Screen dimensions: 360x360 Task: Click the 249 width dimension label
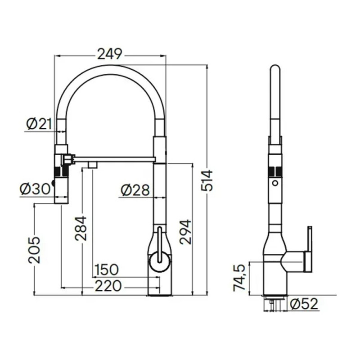[x=110, y=54]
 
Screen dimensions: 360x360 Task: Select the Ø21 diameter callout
[x=40, y=124]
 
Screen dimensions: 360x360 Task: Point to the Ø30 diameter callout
[x=35, y=189]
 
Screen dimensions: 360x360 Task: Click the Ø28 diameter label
[x=135, y=190]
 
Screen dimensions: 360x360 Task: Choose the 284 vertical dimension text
[x=81, y=228]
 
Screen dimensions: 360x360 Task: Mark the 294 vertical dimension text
[x=185, y=232]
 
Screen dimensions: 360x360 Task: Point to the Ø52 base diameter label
[x=304, y=304]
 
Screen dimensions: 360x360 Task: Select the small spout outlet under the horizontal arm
[x=94, y=165]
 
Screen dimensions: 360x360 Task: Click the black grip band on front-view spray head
[x=61, y=171]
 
